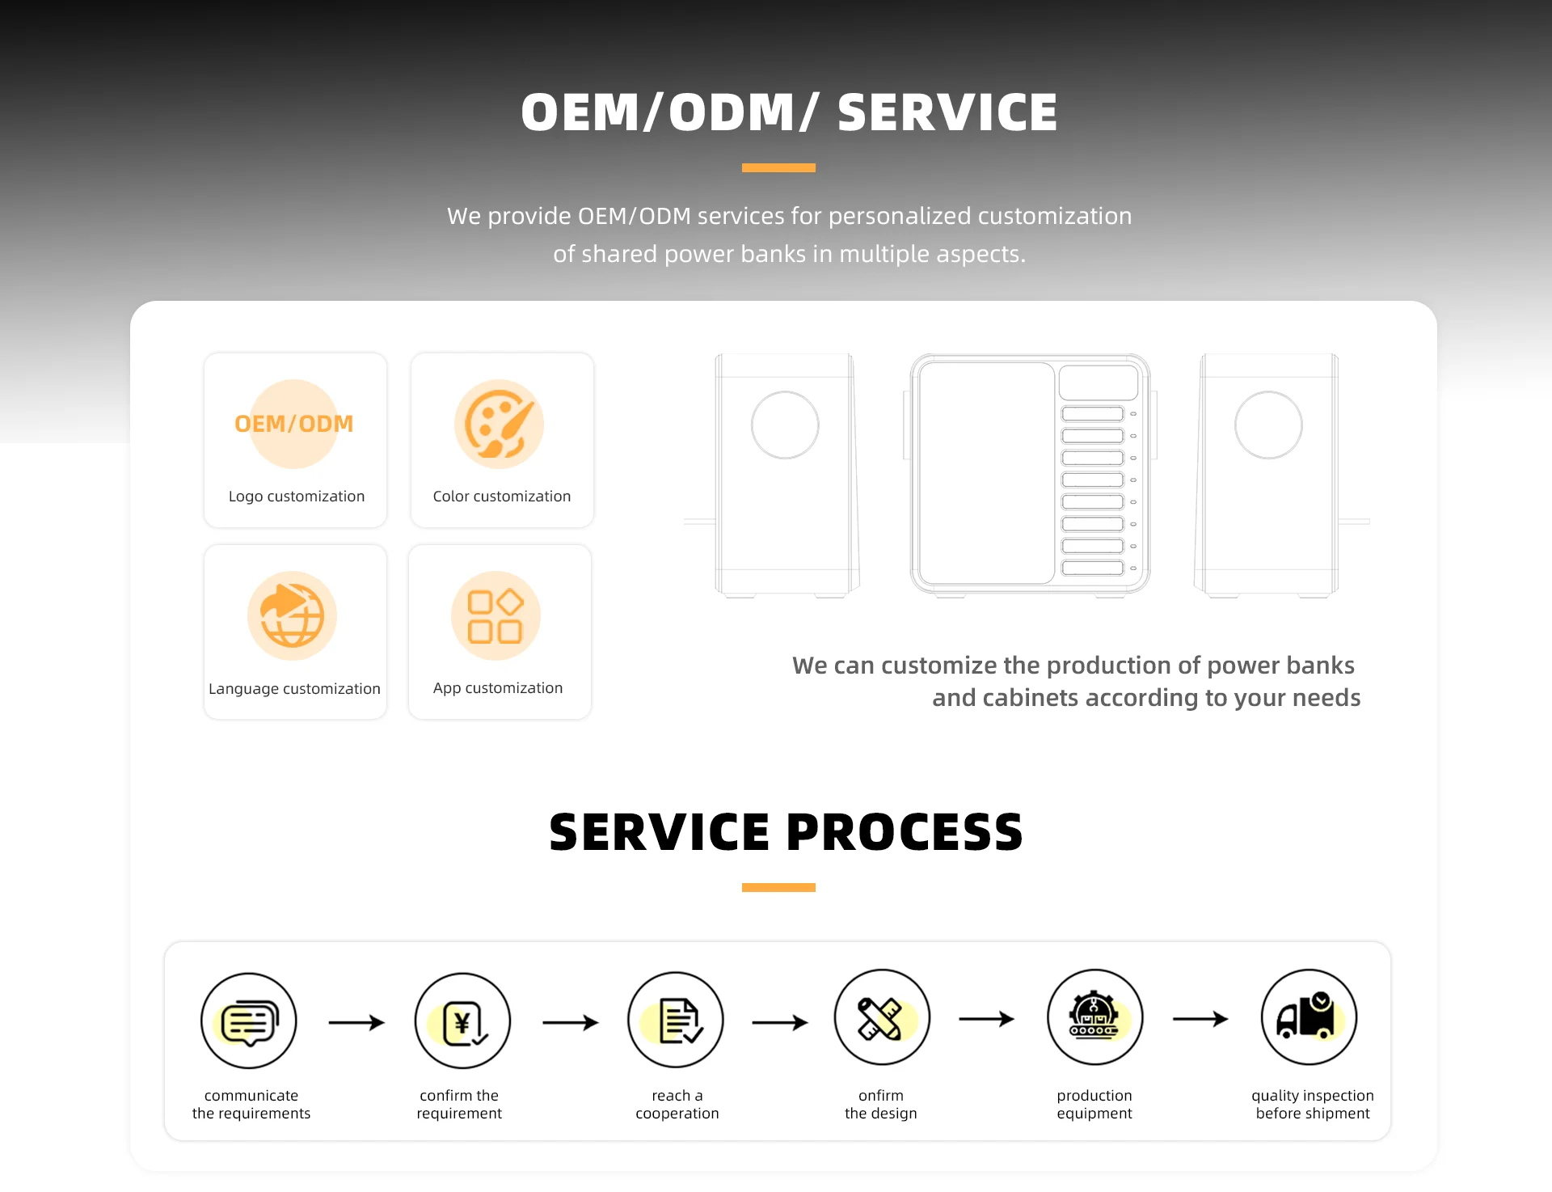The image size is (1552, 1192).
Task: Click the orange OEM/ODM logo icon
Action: click(x=293, y=424)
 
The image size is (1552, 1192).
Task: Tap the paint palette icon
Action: click(x=499, y=424)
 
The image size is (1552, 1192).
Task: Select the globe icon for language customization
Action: click(x=292, y=615)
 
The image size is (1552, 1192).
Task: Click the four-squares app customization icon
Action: click(x=496, y=615)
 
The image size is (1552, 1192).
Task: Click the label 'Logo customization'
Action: click(x=296, y=497)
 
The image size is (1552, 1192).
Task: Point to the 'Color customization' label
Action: click(x=501, y=497)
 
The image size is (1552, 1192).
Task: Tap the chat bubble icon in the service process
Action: click(x=249, y=1021)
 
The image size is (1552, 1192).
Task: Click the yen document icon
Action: click(x=462, y=1021)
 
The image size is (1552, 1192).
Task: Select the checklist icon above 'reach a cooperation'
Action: click(x=676, y=1020)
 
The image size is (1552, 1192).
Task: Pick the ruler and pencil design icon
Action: click(x=882, y=1017)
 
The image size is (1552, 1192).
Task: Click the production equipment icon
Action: click(x=1094, y=1017)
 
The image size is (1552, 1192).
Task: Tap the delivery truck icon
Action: click(x=1309, y=1017)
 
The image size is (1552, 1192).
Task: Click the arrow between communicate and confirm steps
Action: click(x=356, y=1022)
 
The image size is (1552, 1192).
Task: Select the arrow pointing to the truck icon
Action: click(x=1200, y=1019)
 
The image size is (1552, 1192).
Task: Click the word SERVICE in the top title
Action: click(x=947, y=112)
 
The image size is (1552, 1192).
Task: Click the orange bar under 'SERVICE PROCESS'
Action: click(x=778, y=887)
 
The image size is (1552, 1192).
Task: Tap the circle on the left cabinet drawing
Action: click(x=785, y=425)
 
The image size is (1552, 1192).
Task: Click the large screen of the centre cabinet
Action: click(x=986, y=473)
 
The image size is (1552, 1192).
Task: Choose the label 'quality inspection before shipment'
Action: click(x=1312, y=1105)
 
